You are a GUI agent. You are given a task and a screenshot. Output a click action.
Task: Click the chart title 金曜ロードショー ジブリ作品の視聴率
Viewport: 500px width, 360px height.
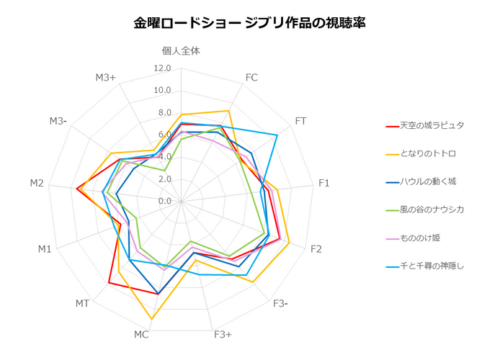pos(249,23)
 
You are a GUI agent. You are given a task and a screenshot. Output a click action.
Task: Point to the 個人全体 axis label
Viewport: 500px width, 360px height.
pos(181,51)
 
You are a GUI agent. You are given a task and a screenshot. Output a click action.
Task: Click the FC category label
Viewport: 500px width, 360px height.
pos(251,78)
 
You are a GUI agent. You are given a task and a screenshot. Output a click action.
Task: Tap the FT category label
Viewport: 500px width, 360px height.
pos(300,121)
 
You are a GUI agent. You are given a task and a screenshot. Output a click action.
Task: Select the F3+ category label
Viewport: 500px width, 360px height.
pos(223,335)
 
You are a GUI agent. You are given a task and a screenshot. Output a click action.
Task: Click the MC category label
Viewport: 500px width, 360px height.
pos(141,335)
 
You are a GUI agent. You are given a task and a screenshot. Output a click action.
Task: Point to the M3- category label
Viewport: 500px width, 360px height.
pos(58,121)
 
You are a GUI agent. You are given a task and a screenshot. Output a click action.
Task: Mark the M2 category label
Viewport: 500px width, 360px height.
pos(37,183)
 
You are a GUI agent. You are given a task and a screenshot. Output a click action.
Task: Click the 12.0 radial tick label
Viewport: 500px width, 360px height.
pos(162,68)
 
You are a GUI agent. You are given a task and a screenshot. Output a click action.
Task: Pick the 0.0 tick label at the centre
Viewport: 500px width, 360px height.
pos(165,201)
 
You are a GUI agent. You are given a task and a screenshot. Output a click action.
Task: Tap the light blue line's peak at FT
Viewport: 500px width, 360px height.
pos(277,135)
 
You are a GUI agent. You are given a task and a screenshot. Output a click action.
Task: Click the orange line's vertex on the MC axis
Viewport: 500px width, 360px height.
pos(152,318)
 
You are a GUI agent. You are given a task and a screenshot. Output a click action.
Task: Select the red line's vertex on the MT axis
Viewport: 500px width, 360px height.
pos(109,282)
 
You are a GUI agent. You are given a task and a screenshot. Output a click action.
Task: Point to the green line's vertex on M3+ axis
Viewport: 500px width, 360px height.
pos(164,171)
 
